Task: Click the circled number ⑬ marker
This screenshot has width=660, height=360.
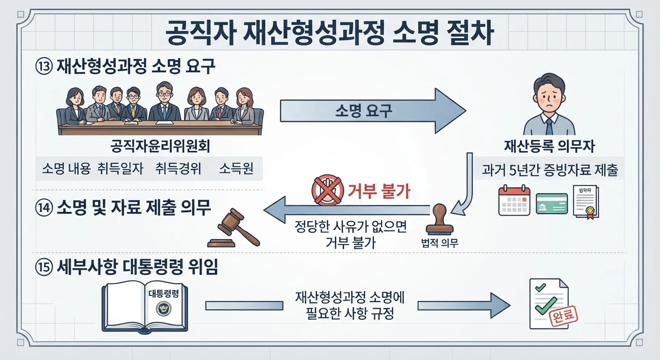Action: [44, 66]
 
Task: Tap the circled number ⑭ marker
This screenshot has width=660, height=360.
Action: [44, 208]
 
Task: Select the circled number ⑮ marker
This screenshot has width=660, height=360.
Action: [44, 268]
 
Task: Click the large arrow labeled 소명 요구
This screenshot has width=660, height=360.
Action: [373, 111]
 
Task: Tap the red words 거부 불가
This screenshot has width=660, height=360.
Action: [379, 192]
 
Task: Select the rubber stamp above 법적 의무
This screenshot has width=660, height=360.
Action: [440, 219]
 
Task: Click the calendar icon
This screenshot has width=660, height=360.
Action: [514, 200]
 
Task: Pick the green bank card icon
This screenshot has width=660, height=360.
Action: [552, 203]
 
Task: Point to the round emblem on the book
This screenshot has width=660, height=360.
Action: [164, 308]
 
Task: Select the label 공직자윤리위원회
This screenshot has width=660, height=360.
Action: [160, 146]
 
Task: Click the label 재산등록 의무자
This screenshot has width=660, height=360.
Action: [549, 146]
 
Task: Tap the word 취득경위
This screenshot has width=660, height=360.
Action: [178, 169]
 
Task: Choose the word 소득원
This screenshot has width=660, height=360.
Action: [236, 169]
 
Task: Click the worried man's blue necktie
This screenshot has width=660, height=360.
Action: [549, 127]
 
